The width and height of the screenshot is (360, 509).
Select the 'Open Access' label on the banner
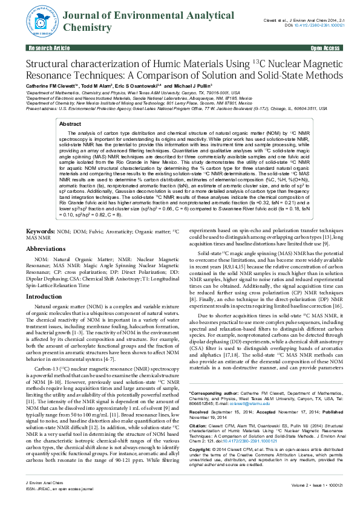pyautogui.click(x=325, y=47)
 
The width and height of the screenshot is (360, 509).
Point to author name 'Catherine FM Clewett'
pyautogui.click(x=48, y=87)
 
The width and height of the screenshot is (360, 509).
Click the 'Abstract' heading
pyautogui.click(x=70, y=123)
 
